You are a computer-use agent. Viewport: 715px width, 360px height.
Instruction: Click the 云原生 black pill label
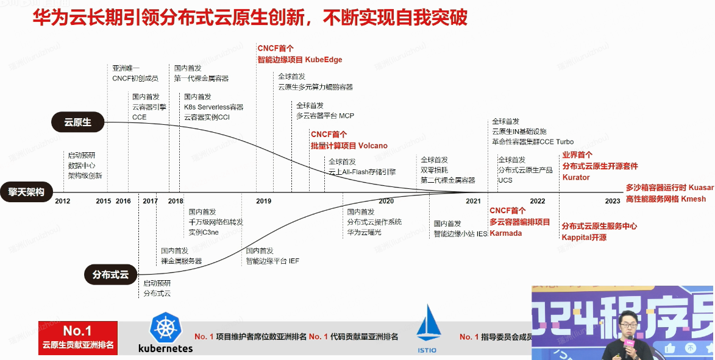pyautogui.click(x=78, y=122)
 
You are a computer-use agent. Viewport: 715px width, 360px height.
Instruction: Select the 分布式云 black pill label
pyautogui.click(x=110, y=275)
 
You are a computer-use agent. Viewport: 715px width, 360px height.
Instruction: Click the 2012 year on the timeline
pyautogui.click(x=62, y=201)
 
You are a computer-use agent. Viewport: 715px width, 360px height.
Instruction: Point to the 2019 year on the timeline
pyautogui.click(x=264, y=201)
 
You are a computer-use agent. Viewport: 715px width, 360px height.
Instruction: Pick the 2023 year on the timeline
pyautogui.click(x=613, y=201)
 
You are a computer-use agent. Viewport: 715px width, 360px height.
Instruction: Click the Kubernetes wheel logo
pyautogui.click(x=165, y=328)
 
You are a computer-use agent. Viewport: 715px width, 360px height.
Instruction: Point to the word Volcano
pyautogui.click(x=372, y=146)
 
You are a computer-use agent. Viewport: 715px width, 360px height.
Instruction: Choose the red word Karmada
pyautogui.click(x=506, y=233)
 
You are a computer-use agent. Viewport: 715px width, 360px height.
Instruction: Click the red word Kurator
pyautogui.click(x=576, y=177)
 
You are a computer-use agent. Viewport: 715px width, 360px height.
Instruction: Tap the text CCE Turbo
pyautogui.click(x=555, y=141)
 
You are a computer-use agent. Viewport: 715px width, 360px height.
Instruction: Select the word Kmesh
pyautogui.click(x=693, y=199)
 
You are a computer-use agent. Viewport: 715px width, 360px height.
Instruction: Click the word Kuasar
pyautogui.click(x=700, y=188)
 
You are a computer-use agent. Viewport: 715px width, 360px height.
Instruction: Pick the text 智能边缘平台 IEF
pyautogui.click(x=272, y=261)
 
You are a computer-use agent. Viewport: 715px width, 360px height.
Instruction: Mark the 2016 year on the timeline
pyautogui.click(x=123, y=201)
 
